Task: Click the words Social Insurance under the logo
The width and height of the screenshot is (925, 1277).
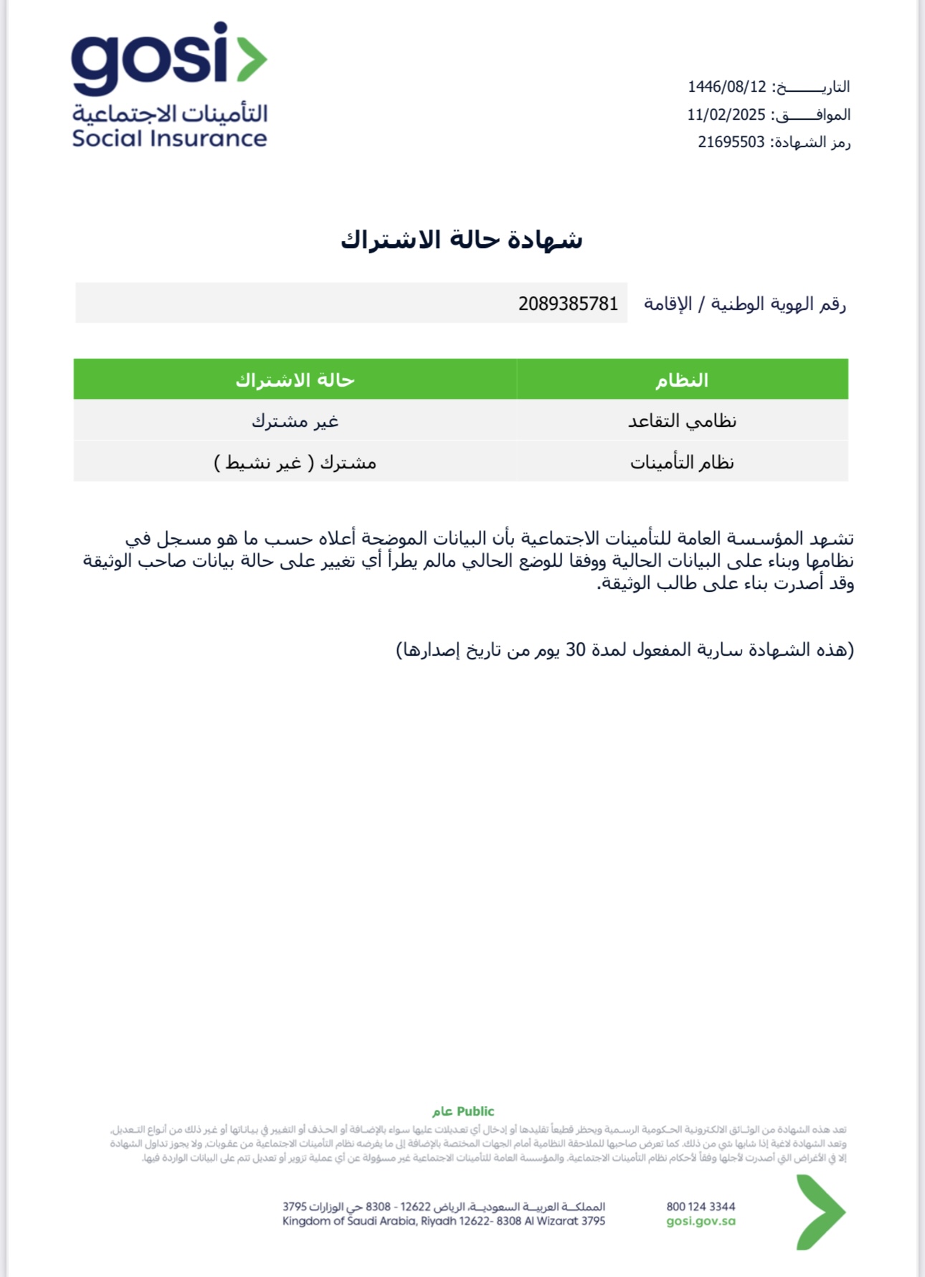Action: click(169, 138)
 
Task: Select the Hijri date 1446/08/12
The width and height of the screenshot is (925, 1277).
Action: click(727, 87)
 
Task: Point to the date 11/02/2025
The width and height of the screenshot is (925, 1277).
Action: click(726, 115)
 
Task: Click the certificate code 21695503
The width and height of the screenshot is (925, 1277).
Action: click(731, 142)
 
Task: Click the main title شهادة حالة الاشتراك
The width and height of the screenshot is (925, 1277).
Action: click(461, 240)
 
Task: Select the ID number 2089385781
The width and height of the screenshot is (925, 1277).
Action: click(568, 304)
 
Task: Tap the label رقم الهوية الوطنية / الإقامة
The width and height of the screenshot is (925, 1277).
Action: click(744, 304)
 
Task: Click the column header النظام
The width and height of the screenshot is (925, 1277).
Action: click(681, 380)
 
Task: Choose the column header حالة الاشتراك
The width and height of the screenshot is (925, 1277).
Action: click(295, 380)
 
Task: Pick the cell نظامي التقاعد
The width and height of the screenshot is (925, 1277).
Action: click(682, 420)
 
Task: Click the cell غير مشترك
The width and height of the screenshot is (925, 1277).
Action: click(295, 420)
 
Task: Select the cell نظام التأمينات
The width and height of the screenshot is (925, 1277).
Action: click(682, 462)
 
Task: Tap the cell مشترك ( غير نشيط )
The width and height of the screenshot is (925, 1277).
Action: click(295, 462)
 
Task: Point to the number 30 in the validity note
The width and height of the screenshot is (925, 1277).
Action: click(576, 650)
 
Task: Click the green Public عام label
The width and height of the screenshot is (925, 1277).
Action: click(463, 1111)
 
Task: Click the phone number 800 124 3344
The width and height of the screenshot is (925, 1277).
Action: click(701, 1207)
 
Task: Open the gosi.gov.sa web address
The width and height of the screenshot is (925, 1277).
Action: click(701, 1221)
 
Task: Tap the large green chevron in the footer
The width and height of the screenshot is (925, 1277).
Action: click(820, 1212)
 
